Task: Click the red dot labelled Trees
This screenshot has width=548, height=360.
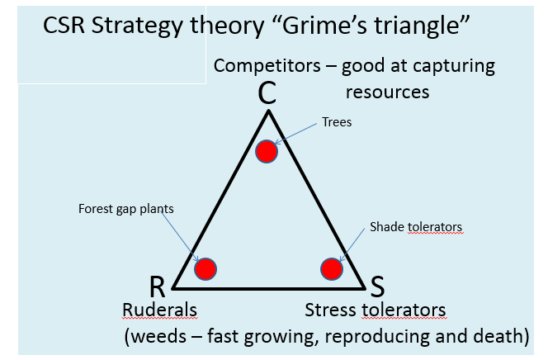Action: (266, 152)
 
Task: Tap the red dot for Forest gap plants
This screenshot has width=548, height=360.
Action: (205, 268)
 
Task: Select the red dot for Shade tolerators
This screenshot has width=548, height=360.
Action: (331, 268)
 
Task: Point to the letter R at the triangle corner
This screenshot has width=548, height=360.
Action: (158, 287)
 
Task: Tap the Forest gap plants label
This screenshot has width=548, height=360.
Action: (126, 209)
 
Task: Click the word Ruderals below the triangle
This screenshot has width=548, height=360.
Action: (160, 310)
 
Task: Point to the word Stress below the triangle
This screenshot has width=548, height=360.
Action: (331, 310)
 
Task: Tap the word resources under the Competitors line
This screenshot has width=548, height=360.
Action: (388, 91)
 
